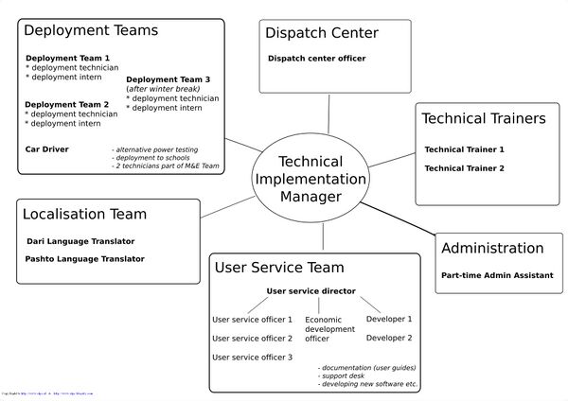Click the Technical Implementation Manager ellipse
[x=310, y=179]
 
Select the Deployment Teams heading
[x=91, y=30]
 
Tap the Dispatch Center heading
[x=322, y=33]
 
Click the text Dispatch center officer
[x=316, y=59]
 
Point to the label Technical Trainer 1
[x=464, y=149]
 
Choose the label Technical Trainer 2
[x=464, y=168]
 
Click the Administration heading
[x=492, y=249]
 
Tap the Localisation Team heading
[x=84, y=215]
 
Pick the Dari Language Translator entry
[x=80, y=241]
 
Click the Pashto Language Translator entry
[x=85, y=258]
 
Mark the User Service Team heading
[x=279, y=268]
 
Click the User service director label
[x=311, y=291]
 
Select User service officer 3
[x=252, y=357]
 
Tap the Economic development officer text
[x=330, y=329]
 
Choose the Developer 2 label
[x=389, y=338]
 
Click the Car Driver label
[x=46, y=149]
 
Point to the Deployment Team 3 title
[x=168, y=79]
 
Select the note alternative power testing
[x=154, y=149]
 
